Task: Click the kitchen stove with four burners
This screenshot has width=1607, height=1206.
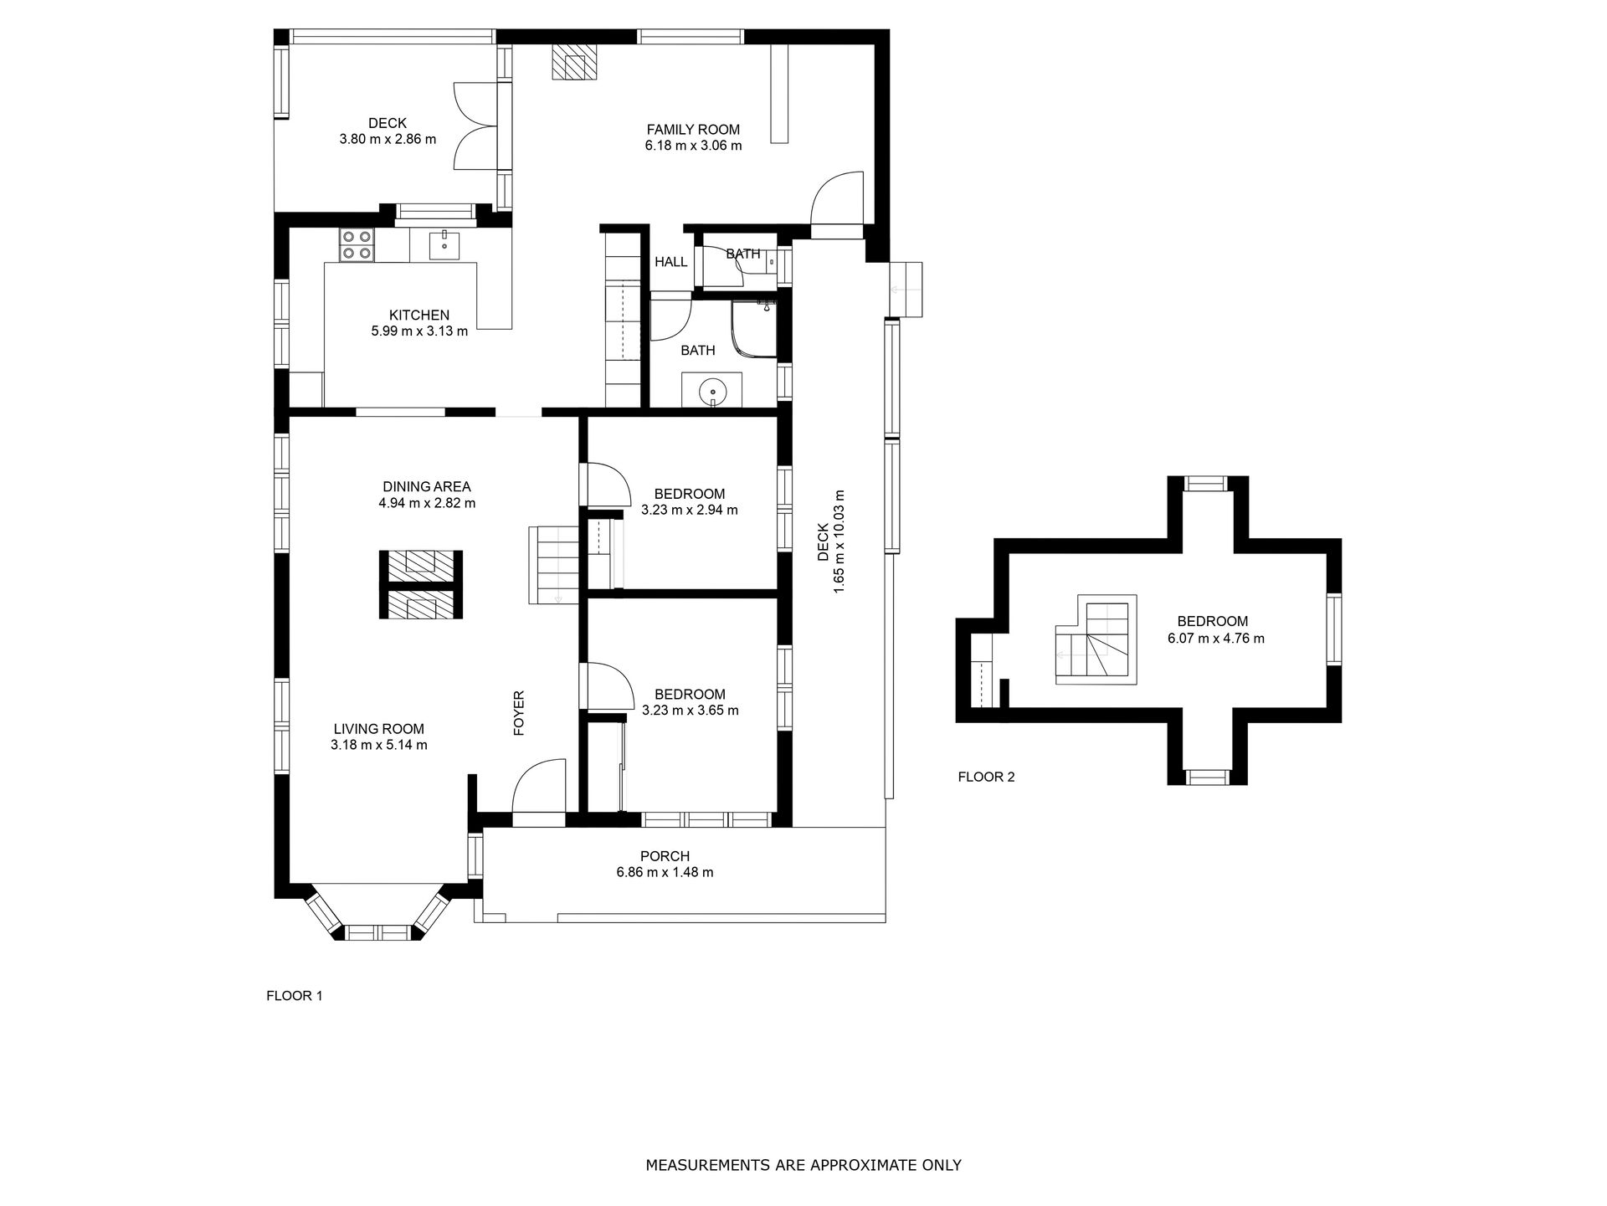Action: coord(357,244)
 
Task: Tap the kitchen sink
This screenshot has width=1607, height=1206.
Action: coord(444,244)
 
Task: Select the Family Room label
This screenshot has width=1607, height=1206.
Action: coord(693,130)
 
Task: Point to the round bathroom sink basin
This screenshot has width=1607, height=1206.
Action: coord(712,390)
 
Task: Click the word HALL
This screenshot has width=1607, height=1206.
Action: coord(670,262)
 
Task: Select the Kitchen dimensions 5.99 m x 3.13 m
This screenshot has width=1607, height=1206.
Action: coord(419,331)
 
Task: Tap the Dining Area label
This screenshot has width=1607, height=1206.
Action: coord(427,486)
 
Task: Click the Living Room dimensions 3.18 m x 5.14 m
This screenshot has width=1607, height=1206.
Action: coord(379,745)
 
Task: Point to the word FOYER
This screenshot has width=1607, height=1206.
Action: coord(519,713)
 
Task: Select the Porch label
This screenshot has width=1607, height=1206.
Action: coord(665,856)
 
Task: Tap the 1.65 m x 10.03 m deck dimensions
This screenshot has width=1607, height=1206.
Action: coord(838,542)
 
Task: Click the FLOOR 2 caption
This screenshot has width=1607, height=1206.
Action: coord(986,777)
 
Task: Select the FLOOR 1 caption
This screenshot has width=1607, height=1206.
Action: coord(294,996)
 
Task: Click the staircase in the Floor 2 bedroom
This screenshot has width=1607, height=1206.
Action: coord(1096,639)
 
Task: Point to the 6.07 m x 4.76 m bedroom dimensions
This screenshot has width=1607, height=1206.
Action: coord(1215,639)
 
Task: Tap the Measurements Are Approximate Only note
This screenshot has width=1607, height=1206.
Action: coord(803,1165)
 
